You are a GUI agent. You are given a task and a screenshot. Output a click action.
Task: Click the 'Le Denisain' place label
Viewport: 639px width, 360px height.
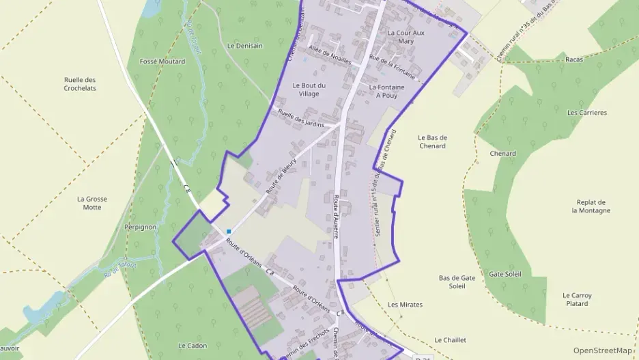[x=244, y=46]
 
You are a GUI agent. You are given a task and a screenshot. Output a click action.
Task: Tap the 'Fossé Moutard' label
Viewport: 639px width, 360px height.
[x=162, y=61]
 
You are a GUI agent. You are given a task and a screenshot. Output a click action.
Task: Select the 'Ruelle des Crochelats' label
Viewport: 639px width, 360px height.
[x=80, y=84]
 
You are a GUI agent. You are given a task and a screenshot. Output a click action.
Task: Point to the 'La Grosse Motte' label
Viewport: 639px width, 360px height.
[x=92, y=203]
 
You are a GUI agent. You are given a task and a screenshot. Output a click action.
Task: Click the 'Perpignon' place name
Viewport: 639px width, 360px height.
[x=141, y=227]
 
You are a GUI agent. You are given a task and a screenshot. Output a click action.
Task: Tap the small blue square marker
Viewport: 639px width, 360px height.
[x=229, y=232]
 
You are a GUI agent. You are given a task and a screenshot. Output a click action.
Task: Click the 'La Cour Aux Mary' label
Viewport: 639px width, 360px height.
[x=406, y=37]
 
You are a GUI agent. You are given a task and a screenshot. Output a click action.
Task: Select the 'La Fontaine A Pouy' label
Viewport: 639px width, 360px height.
[x=386, y=92]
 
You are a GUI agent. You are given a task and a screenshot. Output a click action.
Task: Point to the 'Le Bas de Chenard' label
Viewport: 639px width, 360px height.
[x=431, y=141]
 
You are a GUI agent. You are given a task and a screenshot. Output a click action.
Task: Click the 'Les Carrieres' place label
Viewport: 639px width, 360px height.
[x=587, y=113]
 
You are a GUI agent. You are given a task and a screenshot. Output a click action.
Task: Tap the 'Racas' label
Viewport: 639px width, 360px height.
[x=574, y=60]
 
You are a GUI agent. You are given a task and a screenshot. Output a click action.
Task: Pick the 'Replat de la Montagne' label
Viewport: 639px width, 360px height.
[x=591, y=206]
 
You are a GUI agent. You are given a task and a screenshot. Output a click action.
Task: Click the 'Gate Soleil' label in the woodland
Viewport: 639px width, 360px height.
[x=505, y=274]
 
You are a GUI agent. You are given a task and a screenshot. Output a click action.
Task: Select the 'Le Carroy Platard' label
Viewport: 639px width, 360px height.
[x=578, y=299]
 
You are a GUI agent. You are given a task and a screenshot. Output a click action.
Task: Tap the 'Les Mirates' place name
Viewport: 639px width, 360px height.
[x=405, y=305]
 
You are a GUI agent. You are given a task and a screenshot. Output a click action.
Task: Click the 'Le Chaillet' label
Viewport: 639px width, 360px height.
[x=450, y=340]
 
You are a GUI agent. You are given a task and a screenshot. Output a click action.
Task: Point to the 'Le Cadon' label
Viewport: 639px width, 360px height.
[x=192, y=346]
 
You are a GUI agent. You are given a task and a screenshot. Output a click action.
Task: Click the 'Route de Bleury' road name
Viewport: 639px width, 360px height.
[x=281, y=177]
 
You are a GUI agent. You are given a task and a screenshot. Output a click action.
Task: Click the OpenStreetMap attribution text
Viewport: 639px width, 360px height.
[x=602, y=350]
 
